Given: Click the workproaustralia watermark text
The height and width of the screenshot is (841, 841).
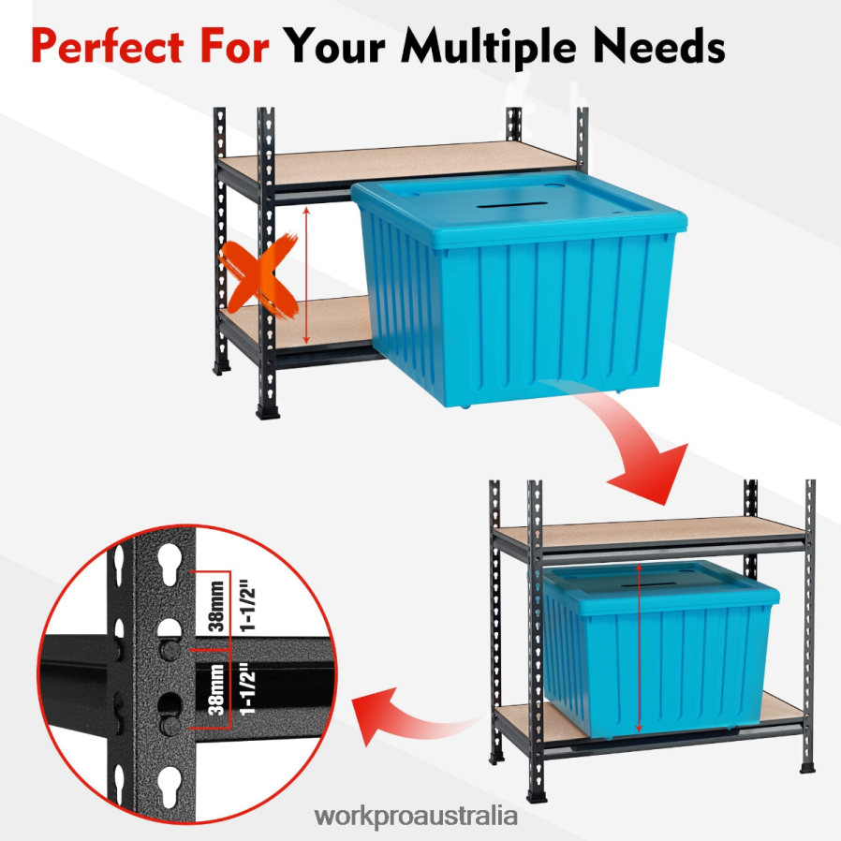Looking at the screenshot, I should tap(416, 816).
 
